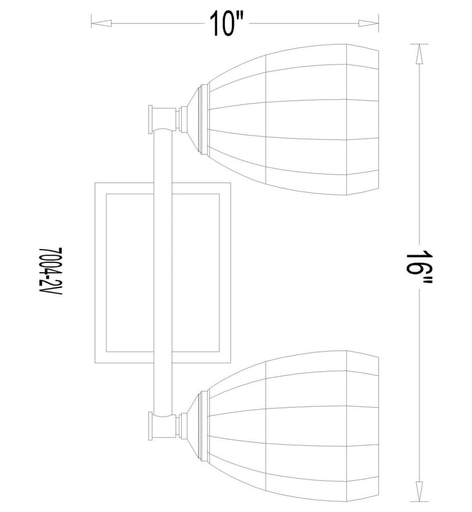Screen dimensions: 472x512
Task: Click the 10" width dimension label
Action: pos(227,23)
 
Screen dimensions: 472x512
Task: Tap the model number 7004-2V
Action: pos(50,271)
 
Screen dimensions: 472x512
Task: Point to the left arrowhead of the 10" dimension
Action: pos(101,23)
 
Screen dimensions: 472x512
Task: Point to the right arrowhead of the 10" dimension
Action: pos(368,23)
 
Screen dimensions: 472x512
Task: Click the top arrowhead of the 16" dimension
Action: pos(419,54)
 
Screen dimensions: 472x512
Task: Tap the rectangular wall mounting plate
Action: pos(100,273)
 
